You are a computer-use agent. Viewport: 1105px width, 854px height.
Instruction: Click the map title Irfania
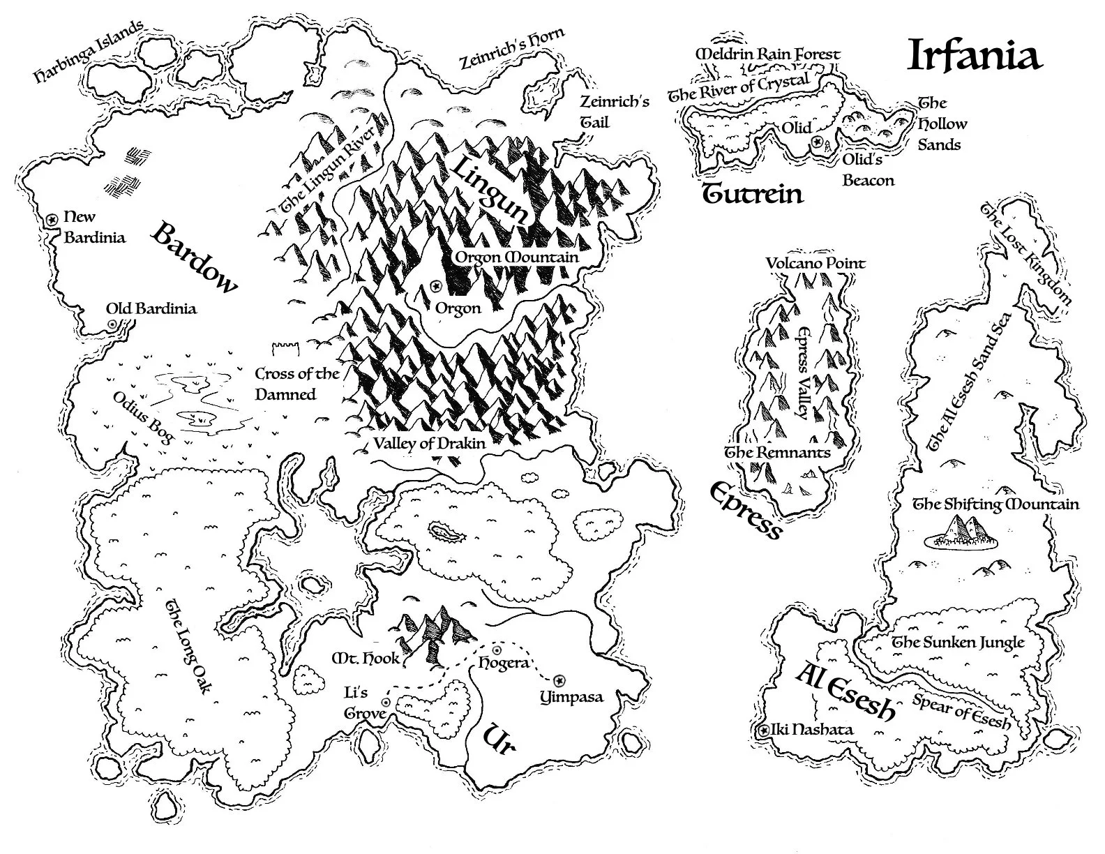pyautogui.click(x=974, y=56)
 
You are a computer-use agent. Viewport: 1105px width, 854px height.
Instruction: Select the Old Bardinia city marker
pyautogui.click(x=112, y=324)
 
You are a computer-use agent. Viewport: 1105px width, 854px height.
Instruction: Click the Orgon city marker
pyautogui.click(x=437, y=286)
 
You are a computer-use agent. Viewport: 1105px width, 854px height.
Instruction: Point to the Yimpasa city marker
pyautogui.click(x=559, y=680)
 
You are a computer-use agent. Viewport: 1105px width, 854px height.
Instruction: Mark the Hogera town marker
pyautogui.click(x=497, y=650)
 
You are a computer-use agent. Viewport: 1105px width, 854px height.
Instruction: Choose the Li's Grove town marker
pyautogui.click(x=386, y=702)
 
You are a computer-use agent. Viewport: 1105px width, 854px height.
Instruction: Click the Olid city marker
pyautogui.click(x=817, y=142)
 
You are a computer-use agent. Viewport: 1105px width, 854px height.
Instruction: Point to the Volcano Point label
pyautogui.click(x=815, y=264)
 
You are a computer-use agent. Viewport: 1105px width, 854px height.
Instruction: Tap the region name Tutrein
pyautogui.click(x=752, y=193)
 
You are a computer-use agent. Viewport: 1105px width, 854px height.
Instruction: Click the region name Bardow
pyautogui.click(x=195, y=257)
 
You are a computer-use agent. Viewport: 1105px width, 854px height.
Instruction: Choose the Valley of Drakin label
pyautogui.click(x=428, y=442)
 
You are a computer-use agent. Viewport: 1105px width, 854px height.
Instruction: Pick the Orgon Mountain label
pyautogui.click(x=516, y=257)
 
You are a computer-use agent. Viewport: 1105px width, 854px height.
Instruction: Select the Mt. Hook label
pyautogui.click(x=365, y=657)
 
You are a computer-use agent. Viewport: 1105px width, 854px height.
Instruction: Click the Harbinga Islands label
pyautogui.click(x=89, y=52)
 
